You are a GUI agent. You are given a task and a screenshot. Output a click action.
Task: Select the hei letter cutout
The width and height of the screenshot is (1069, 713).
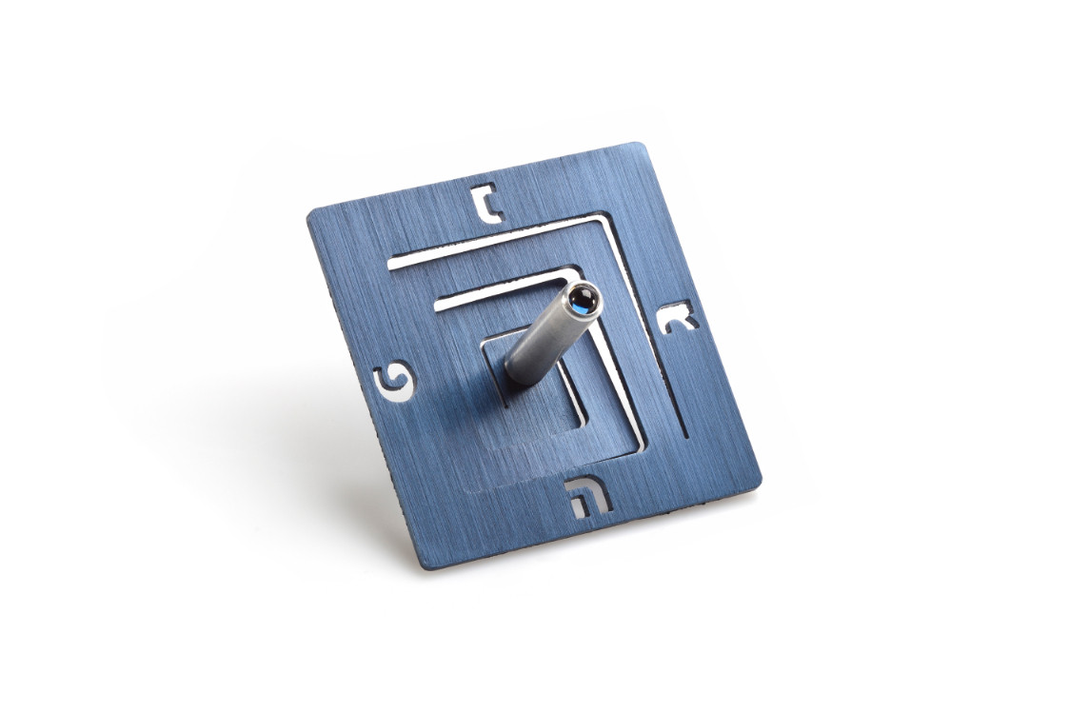click(x=587, y=496)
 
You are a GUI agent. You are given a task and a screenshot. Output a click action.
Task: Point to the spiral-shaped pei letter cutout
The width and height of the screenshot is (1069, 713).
click(x=394, y=386)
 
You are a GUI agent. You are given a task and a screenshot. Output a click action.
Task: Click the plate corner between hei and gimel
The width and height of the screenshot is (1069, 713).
click(x=758, y=480)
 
